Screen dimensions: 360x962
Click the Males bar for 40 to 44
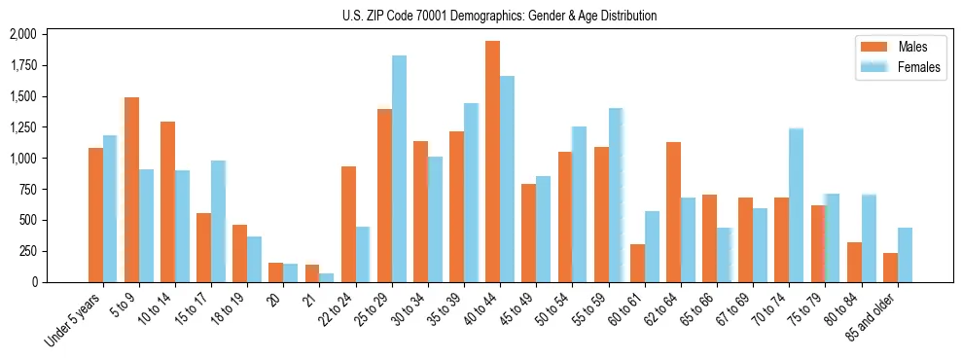coord(492,162)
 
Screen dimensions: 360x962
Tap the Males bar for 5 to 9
coord(131,190)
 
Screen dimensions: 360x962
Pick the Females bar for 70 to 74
coord(796,205)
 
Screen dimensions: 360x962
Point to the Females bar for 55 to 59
coord(615,195)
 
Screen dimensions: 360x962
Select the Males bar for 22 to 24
coord(348,224)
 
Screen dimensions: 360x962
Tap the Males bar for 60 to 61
coord(637,263)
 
